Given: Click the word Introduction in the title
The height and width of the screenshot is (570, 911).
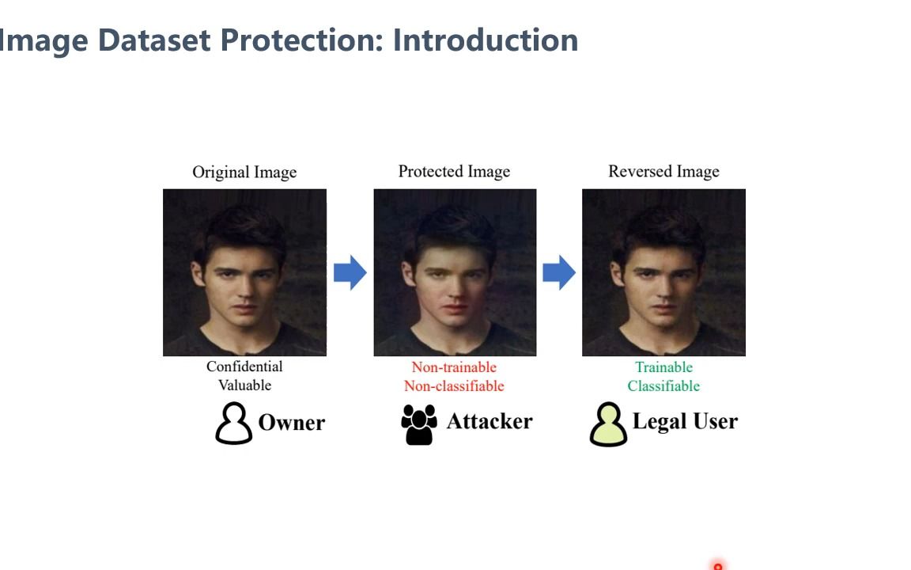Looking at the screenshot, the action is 486,40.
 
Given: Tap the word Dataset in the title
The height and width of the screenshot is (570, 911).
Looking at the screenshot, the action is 154,40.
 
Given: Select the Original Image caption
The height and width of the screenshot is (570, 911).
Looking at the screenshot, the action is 244,172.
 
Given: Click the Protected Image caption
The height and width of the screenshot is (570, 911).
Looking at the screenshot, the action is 455,172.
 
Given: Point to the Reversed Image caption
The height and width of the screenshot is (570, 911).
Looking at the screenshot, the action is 663,172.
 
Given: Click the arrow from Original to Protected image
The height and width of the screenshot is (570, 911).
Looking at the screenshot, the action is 350,272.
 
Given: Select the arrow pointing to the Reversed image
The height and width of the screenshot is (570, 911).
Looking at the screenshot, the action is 559,272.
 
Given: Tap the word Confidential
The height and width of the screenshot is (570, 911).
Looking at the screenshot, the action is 244,367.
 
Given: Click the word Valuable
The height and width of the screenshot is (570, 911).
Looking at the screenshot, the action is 244,385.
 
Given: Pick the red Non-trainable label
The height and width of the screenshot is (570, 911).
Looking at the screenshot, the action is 455,367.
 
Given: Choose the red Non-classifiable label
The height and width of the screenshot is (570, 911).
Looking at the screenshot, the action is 455,386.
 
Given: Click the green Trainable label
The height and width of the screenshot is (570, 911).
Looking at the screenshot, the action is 663,367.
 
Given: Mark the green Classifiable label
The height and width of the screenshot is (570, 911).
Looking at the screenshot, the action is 663,386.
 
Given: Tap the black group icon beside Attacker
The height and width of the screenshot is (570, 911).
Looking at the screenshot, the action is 419,425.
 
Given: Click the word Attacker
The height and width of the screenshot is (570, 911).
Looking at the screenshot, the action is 490,421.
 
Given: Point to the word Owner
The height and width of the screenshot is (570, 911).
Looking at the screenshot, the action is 292,423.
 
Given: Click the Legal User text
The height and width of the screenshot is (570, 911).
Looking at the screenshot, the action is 685,422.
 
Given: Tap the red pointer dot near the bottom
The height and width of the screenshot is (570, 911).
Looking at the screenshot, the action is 718,566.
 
